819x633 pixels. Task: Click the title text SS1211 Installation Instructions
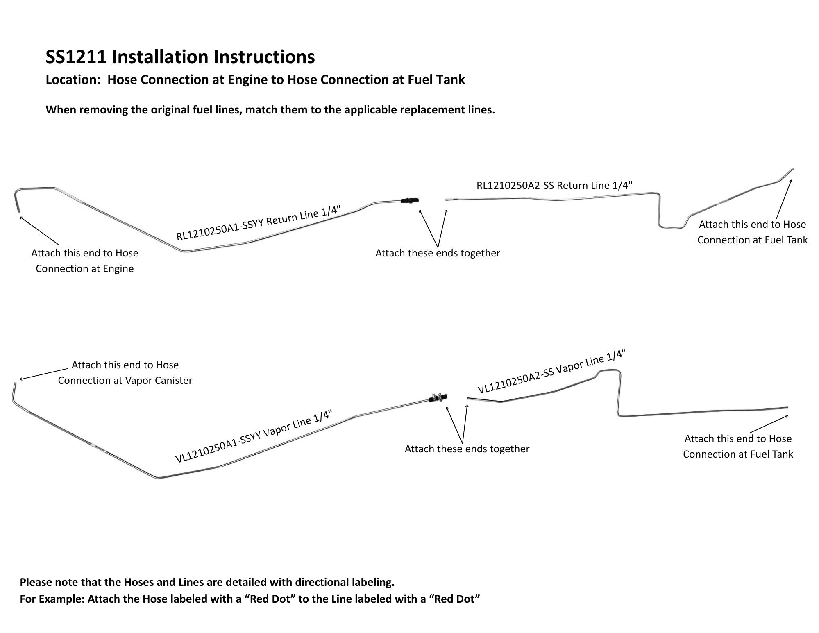(180, 57)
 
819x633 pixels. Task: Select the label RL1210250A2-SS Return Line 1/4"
(554, 185)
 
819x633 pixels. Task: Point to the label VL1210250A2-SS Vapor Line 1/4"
(551, 372)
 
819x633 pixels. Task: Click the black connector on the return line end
(410, 200)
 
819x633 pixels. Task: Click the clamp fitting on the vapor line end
(438, 397)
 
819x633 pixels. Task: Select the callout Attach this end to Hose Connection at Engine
(85, 261)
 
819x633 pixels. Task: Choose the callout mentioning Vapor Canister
(125, 372)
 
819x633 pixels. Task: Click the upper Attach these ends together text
(438, 253)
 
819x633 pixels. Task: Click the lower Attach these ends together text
(467, 449)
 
